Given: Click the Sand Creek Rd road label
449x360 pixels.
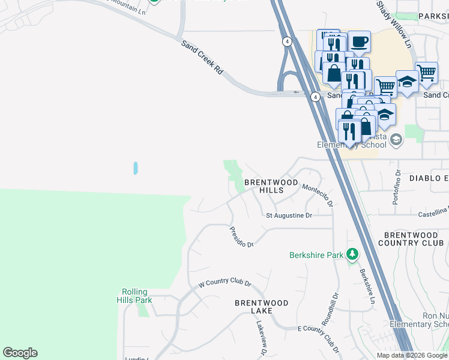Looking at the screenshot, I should coord(202,58).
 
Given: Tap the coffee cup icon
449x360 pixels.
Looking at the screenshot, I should coord(359,41).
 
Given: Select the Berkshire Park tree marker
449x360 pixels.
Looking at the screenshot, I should coord(352,255).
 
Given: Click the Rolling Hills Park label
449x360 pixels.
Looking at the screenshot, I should coord(134,296).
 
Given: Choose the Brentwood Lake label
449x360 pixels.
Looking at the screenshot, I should coord(261,307).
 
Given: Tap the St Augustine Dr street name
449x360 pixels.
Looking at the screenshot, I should coord(289,215).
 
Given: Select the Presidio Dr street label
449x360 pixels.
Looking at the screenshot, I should coord(243,236).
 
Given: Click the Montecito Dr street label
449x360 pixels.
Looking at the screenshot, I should coord(318,196).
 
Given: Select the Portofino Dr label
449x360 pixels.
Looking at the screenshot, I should coord(396,187).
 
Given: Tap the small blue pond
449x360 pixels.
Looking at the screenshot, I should coord(136,168).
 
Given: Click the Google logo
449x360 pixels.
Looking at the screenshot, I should coord(20,353).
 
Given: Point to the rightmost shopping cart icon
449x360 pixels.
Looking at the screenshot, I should coord(426,73).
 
